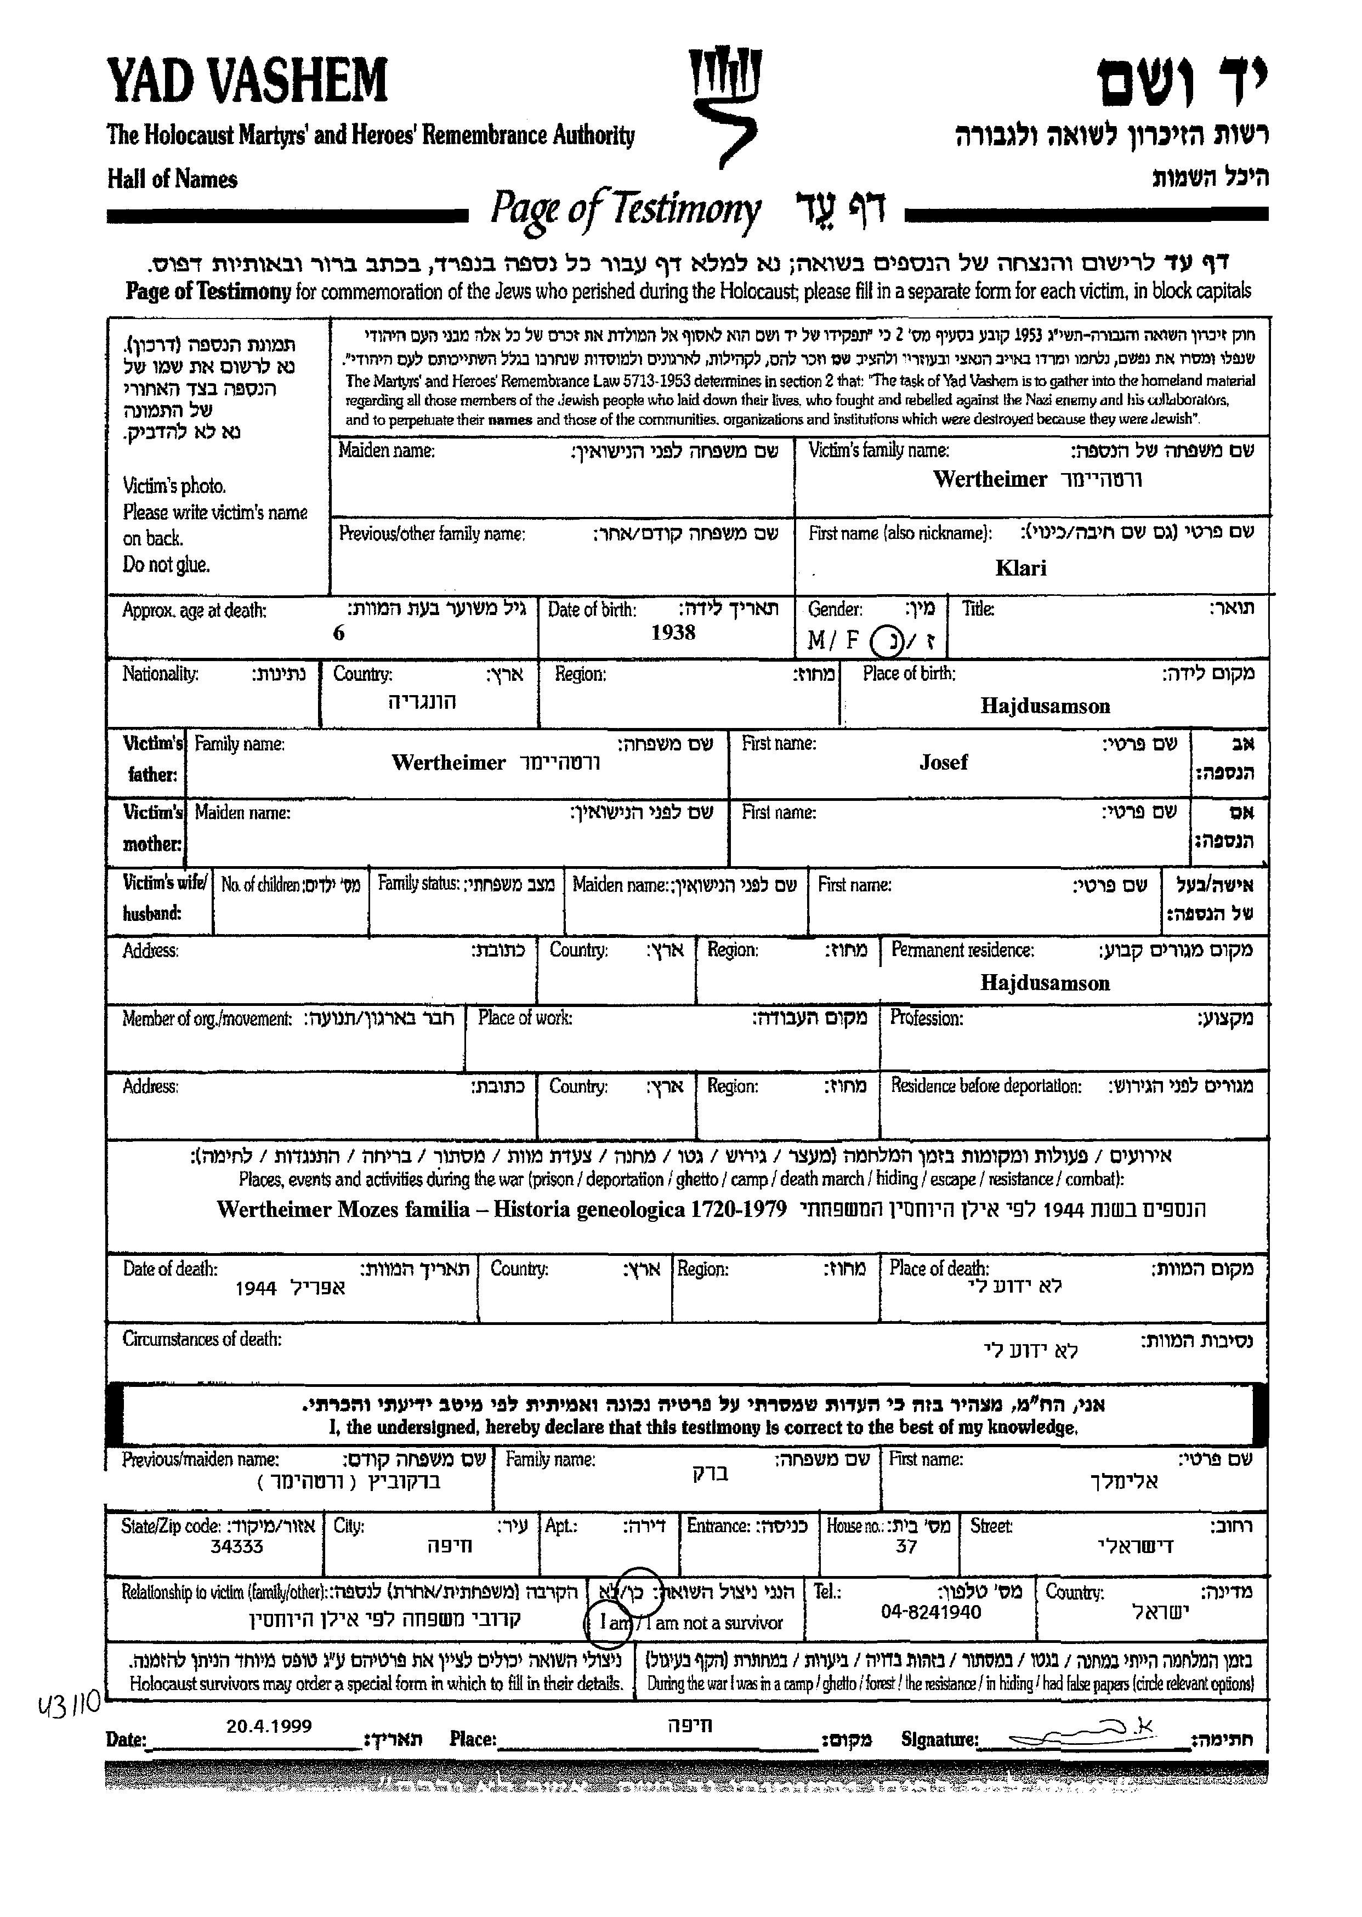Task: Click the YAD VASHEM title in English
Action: point(247,81)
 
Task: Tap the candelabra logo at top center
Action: point(723,105)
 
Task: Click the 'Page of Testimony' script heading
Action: point(625,209)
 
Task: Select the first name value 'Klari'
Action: point(1020,568)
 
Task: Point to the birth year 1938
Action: point(673,632)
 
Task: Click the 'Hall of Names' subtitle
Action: point(172,179)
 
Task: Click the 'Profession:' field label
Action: point(926,1019)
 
